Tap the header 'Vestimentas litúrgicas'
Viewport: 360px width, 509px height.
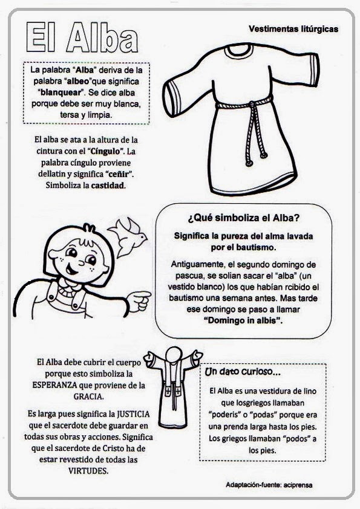[293, 28]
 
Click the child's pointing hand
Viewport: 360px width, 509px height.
[139, 298]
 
